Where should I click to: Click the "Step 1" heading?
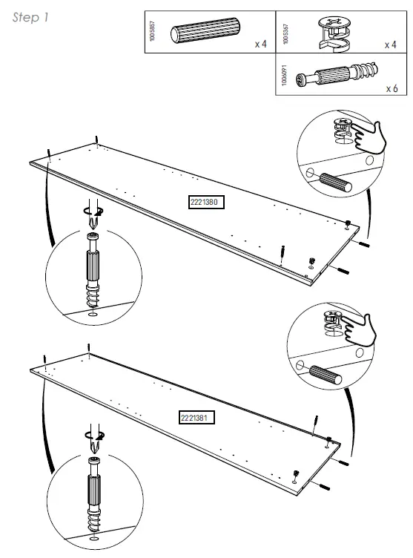point(30,19)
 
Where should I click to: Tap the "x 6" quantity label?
point(391,88)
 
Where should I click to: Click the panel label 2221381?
point(196,418)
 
